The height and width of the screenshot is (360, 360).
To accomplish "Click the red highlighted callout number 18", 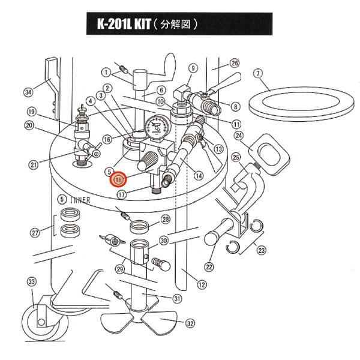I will click(x=118, y=178).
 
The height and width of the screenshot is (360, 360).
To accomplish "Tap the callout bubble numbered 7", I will click(x=258, y=74).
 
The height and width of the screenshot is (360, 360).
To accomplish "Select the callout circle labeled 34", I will click(x=28, y=92).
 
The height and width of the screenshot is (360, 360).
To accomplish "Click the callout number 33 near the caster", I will click(x=32, y=282).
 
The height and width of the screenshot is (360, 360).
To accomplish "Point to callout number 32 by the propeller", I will click(x=190, y=323).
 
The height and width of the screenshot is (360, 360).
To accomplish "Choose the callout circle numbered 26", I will click(x=235, y=63).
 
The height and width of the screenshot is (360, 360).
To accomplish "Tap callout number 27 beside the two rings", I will click(x=35, y=232).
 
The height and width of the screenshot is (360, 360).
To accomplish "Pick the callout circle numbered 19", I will click(x=32, y=111).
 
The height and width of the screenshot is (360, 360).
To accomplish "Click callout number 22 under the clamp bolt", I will click(x=209, y=266).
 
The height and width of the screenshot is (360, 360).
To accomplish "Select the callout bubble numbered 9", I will click(x=193, y=69).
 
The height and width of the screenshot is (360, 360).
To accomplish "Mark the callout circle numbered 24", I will click(x=239, y=136).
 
